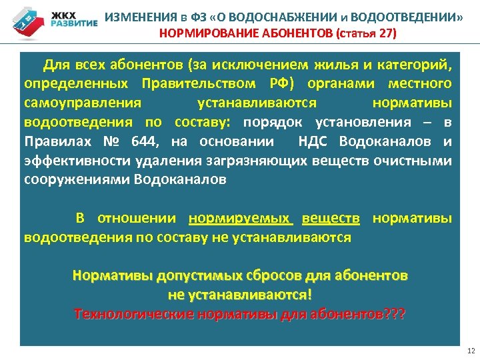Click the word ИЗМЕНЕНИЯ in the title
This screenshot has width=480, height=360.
[x=137, y=17]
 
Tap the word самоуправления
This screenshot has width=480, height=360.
[x=83, y=103]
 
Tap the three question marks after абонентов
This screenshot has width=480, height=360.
[x=395, y=313]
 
